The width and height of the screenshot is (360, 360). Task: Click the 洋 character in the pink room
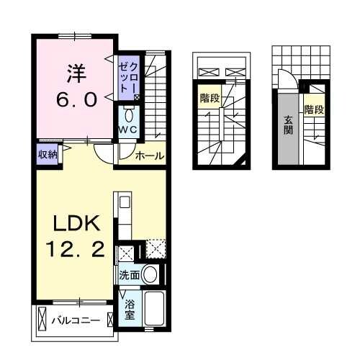[77, 73]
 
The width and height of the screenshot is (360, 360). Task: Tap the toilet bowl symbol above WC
[130, 114]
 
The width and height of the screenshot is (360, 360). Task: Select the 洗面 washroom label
[130, 274]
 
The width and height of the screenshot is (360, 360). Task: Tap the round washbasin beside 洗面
[150, 274]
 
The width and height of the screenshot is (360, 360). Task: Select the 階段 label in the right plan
[313, 109]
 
